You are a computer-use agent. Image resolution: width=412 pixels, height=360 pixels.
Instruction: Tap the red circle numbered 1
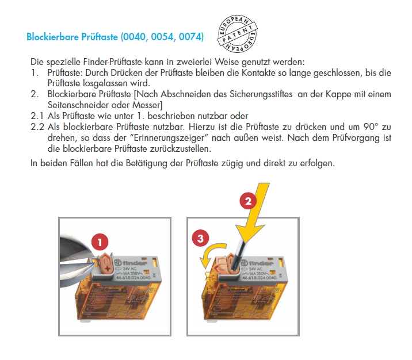[102, 243]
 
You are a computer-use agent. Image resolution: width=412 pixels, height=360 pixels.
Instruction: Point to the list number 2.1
[36, 114]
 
